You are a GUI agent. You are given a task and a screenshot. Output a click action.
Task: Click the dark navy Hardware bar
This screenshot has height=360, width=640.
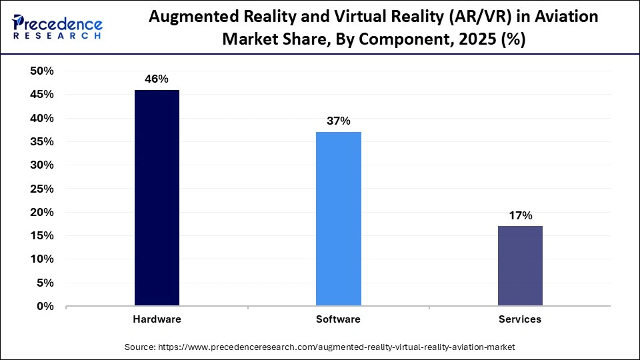click(157, 198)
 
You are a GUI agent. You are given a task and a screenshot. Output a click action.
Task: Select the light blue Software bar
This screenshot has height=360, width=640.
click(339, 219)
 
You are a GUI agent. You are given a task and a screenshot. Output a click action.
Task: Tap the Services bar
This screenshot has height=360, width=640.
click(520, 266)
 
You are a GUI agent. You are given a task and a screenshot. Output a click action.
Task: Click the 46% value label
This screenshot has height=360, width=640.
click(157, 79)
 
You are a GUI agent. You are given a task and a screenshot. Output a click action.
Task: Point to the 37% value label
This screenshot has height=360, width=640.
click(339, 121)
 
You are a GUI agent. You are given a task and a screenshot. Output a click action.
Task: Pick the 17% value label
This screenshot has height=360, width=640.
click(520, 215)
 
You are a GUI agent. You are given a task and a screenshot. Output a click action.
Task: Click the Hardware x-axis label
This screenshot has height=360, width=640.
click(157, 319)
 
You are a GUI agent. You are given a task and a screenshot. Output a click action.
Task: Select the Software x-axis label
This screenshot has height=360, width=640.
click(338, 319)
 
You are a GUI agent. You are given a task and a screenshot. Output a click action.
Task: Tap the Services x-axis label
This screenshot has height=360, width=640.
click(520, 319)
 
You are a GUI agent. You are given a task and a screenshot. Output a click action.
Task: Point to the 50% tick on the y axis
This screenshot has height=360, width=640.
click(41, 71)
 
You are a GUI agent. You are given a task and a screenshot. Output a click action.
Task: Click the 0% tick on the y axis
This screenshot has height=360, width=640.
click(45, 307)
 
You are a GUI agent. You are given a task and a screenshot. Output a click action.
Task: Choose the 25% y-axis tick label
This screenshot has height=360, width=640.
click(41, 189)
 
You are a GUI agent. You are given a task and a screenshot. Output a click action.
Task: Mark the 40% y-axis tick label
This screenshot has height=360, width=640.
click(41, 119)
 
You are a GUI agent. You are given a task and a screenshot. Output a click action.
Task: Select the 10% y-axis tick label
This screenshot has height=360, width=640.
click(41, 259)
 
